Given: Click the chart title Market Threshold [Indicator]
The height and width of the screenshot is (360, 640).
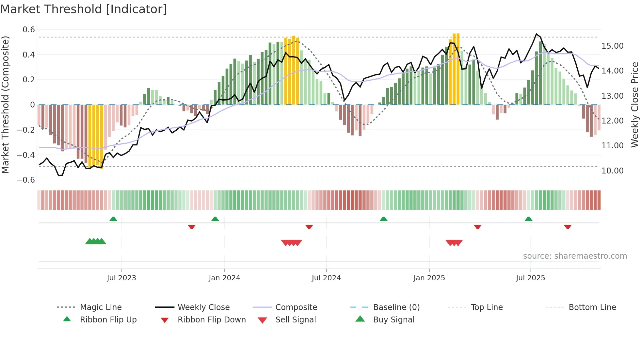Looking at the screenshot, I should [84, 9].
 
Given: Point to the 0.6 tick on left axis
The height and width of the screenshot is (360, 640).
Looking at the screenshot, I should [29, 30].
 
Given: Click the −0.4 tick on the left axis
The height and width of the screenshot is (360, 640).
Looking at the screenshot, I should [26, 155].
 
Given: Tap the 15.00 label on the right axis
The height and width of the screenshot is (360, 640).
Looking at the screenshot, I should [612, 46].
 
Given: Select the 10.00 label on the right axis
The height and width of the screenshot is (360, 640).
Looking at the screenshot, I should [612, 171].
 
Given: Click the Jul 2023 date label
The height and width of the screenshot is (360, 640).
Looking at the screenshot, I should [121, 278].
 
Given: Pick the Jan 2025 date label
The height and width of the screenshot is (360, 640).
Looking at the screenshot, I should [429, 278].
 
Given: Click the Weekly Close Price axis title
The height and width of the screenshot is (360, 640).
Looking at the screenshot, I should [634, 105].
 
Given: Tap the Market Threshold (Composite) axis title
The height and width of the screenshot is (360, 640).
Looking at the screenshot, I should [5, 105].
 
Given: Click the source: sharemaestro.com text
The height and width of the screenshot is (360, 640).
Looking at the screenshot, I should [575, 256].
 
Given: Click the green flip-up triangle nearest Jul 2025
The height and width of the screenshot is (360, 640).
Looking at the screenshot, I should [528, 219].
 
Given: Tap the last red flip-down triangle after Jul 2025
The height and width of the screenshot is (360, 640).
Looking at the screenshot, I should [568, 227].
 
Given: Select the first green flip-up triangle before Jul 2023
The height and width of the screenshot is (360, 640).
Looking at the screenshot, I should [113, 219].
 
